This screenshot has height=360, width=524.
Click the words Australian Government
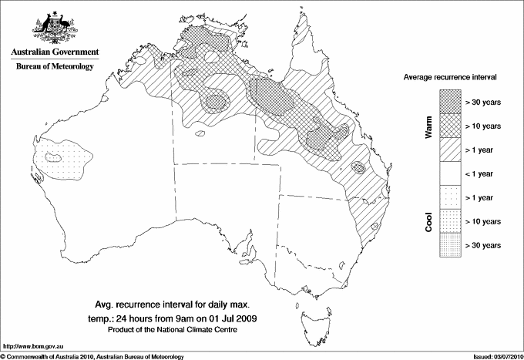pos(53,52)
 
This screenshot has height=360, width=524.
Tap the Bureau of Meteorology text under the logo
pos(53,67)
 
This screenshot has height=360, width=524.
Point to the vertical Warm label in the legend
pos(429,126)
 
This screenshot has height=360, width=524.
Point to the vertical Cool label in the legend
pos(429,221)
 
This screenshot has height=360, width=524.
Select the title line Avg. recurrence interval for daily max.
pos(183,304)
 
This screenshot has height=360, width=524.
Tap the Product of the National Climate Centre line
pos(183,330)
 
